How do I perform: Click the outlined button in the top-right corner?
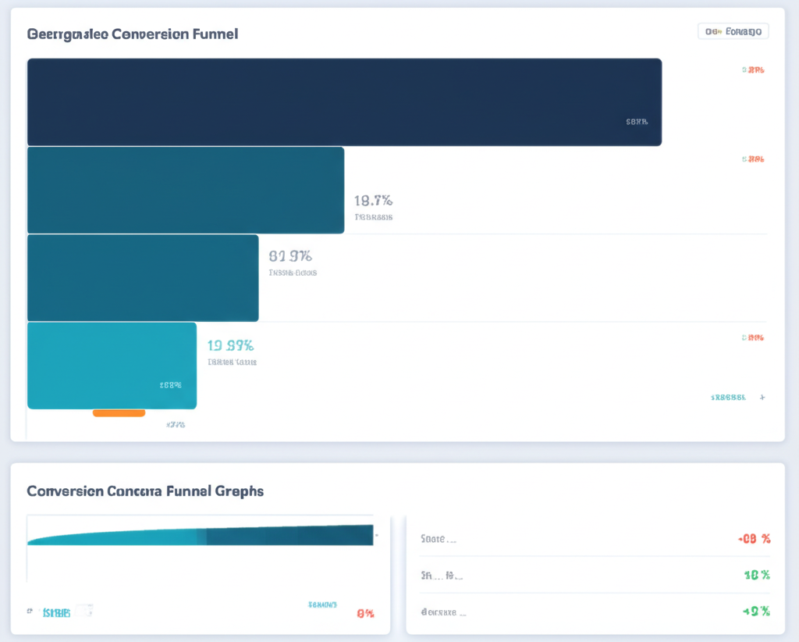pos(733,31)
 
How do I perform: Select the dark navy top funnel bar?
pos(344,102)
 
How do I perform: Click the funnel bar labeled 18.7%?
pos(185,190)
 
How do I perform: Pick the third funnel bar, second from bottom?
pos(143,277)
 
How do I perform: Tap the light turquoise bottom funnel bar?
pos(112,365)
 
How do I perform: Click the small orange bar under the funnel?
pos(119,412)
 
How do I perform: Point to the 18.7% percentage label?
pos(373,201)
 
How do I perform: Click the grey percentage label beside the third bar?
pos(290,255)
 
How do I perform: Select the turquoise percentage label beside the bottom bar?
pos(230,345)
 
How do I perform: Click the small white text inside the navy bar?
pos(637,122)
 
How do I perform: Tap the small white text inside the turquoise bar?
pos(170,385)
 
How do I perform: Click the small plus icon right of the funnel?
pos(762,397)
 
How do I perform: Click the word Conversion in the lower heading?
pos(66,491)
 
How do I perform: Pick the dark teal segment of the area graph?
pos(289,536)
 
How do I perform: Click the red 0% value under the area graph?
pos(364,613)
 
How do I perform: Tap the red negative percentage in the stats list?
pos(754,539)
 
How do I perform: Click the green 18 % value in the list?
pos(756,575)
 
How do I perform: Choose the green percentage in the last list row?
pos(755,611)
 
